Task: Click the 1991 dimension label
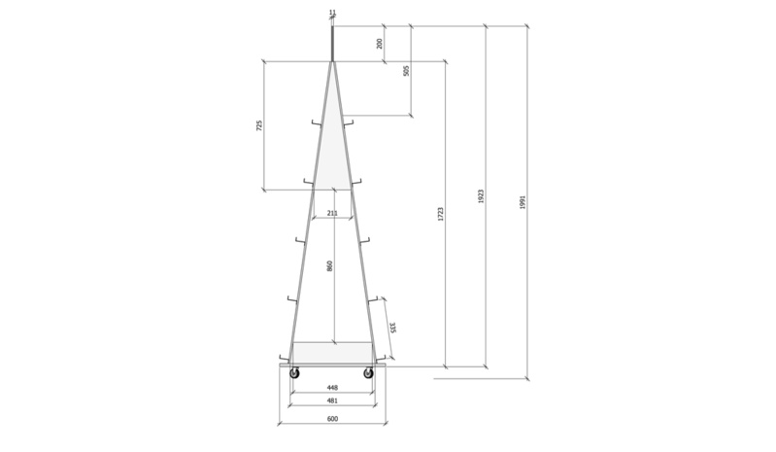click(523, 202)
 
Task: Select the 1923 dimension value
click(481, 196)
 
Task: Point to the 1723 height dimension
click(441, 214)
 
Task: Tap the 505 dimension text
click(406, 71)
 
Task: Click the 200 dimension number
click(380, 44)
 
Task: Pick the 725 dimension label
click(259, 125)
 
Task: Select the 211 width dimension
click(332, 214)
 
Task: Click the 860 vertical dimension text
click(329, 265)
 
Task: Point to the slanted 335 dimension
click(392, 328)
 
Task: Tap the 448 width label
click(332, 388)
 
